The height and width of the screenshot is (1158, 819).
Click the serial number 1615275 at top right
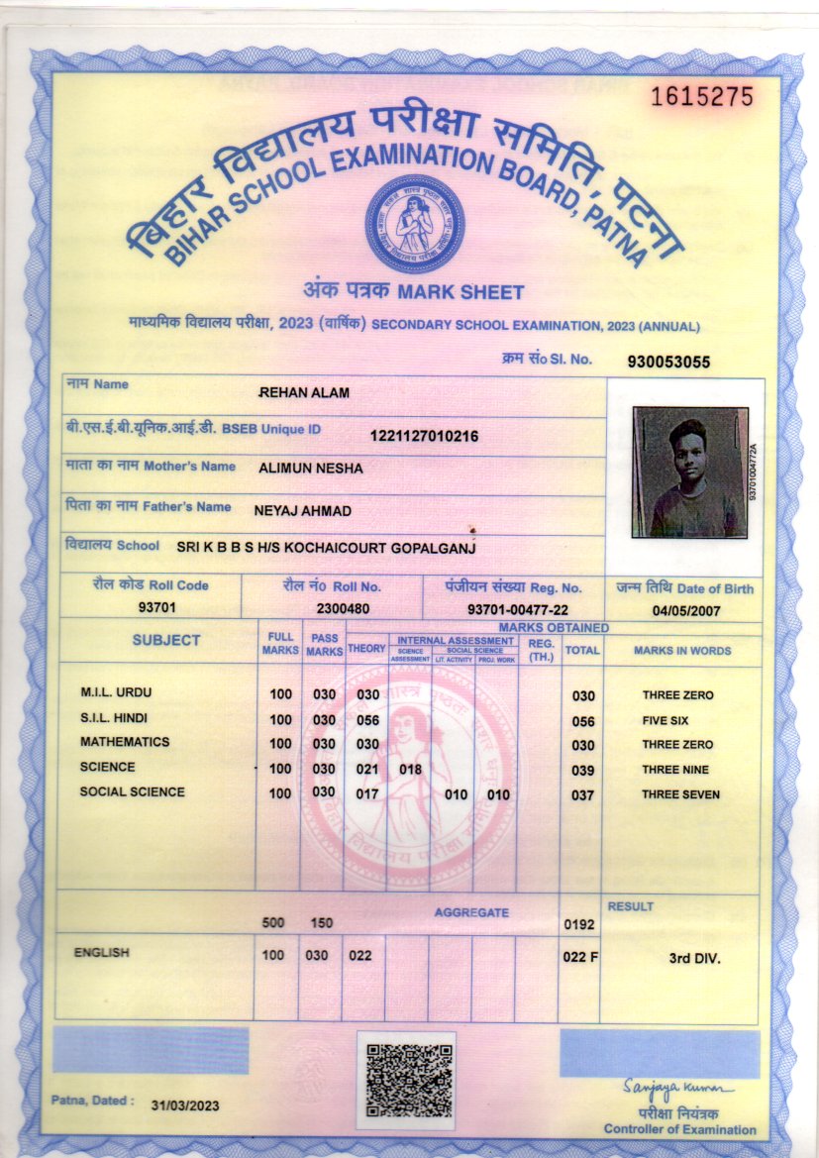click(702, 97)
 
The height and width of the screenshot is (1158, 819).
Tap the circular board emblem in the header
click(413, 226)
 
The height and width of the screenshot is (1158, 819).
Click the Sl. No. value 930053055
click(668, 362)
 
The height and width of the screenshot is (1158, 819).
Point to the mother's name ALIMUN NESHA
click(310, 468)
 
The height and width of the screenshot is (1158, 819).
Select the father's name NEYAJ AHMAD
click(303, 509)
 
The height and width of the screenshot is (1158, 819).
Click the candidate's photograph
click(690, 472)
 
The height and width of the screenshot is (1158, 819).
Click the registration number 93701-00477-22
click(517, 608)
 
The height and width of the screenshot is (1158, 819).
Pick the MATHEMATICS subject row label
click(125, 742)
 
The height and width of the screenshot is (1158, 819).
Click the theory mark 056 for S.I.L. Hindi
click(368, 720)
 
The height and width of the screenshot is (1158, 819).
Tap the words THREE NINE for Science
click(675, 770)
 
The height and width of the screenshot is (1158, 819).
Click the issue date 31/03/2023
click(185, 1105)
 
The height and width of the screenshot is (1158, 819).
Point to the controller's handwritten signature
click(678, 1089)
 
